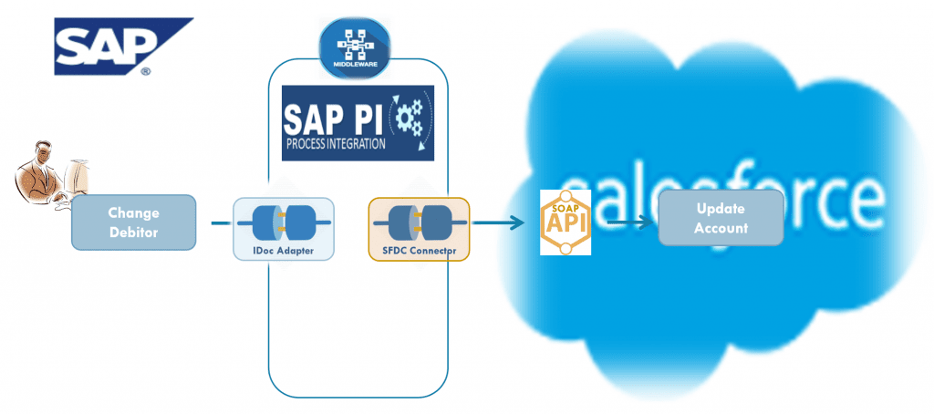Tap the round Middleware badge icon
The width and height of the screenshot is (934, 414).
coord(353,46)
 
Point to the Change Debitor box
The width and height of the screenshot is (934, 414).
coord(133,222)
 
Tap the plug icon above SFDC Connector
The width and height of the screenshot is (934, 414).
coord(418,221)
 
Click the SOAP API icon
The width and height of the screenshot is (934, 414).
coord(566,222)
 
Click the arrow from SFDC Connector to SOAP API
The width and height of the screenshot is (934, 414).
coord(497,223)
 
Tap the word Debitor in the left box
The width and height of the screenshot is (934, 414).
coord(133,232)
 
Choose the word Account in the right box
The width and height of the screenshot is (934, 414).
coord(721,227)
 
